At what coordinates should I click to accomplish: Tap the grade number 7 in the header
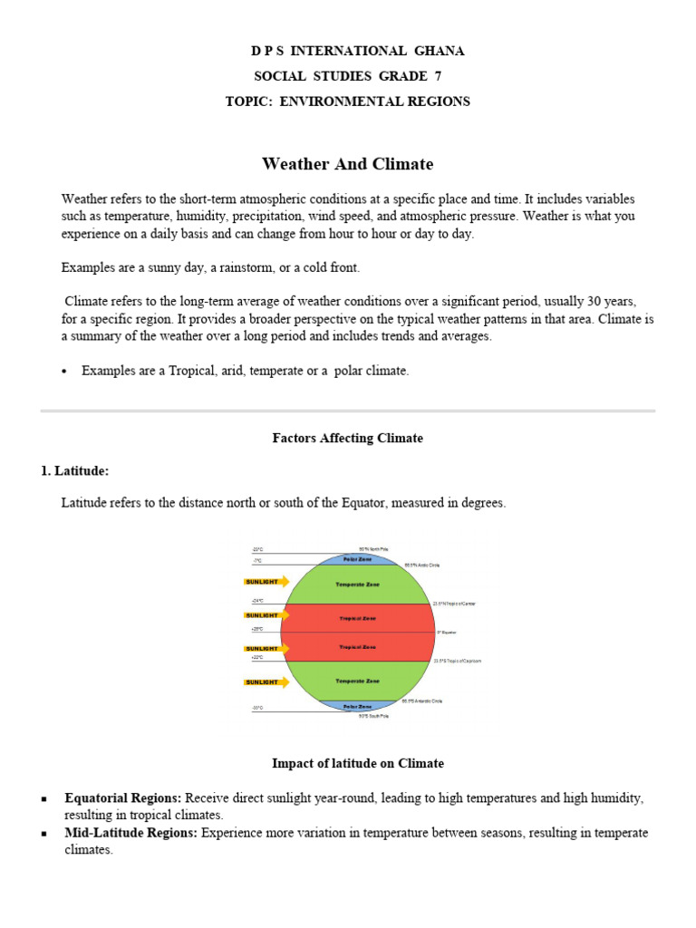438,76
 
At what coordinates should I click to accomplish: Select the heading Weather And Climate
348,164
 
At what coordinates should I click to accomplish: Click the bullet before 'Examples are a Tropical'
65,371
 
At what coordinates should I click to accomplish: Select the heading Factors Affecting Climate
348,438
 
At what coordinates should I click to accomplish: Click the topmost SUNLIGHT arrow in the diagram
267,581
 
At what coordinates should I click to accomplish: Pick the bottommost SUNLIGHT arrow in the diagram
267,681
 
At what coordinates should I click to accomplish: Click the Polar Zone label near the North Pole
357,560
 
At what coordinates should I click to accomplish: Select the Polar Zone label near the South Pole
357,706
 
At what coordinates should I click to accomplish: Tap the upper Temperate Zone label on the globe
357,585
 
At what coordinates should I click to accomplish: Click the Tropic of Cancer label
455,604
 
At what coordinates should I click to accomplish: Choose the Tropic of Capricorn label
458,661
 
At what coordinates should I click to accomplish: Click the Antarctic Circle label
422,701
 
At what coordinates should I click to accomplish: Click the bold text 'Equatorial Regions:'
122,798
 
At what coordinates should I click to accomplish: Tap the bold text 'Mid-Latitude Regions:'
130,833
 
